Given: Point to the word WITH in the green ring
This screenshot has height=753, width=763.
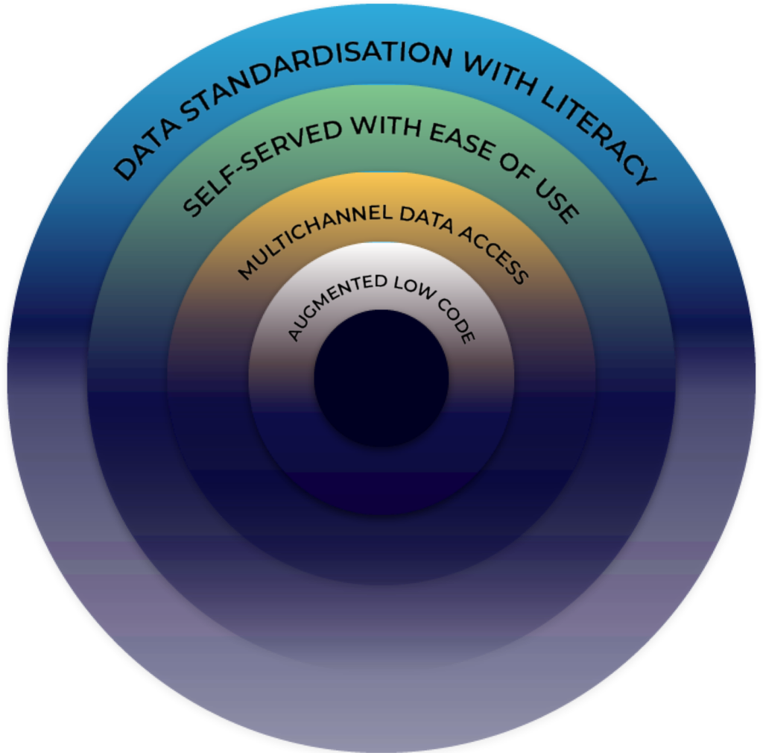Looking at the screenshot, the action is pos(386,127).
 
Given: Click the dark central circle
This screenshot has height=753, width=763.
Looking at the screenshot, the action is pos(381,378).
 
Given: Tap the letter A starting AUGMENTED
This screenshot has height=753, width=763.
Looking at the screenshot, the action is pos(295,335).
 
